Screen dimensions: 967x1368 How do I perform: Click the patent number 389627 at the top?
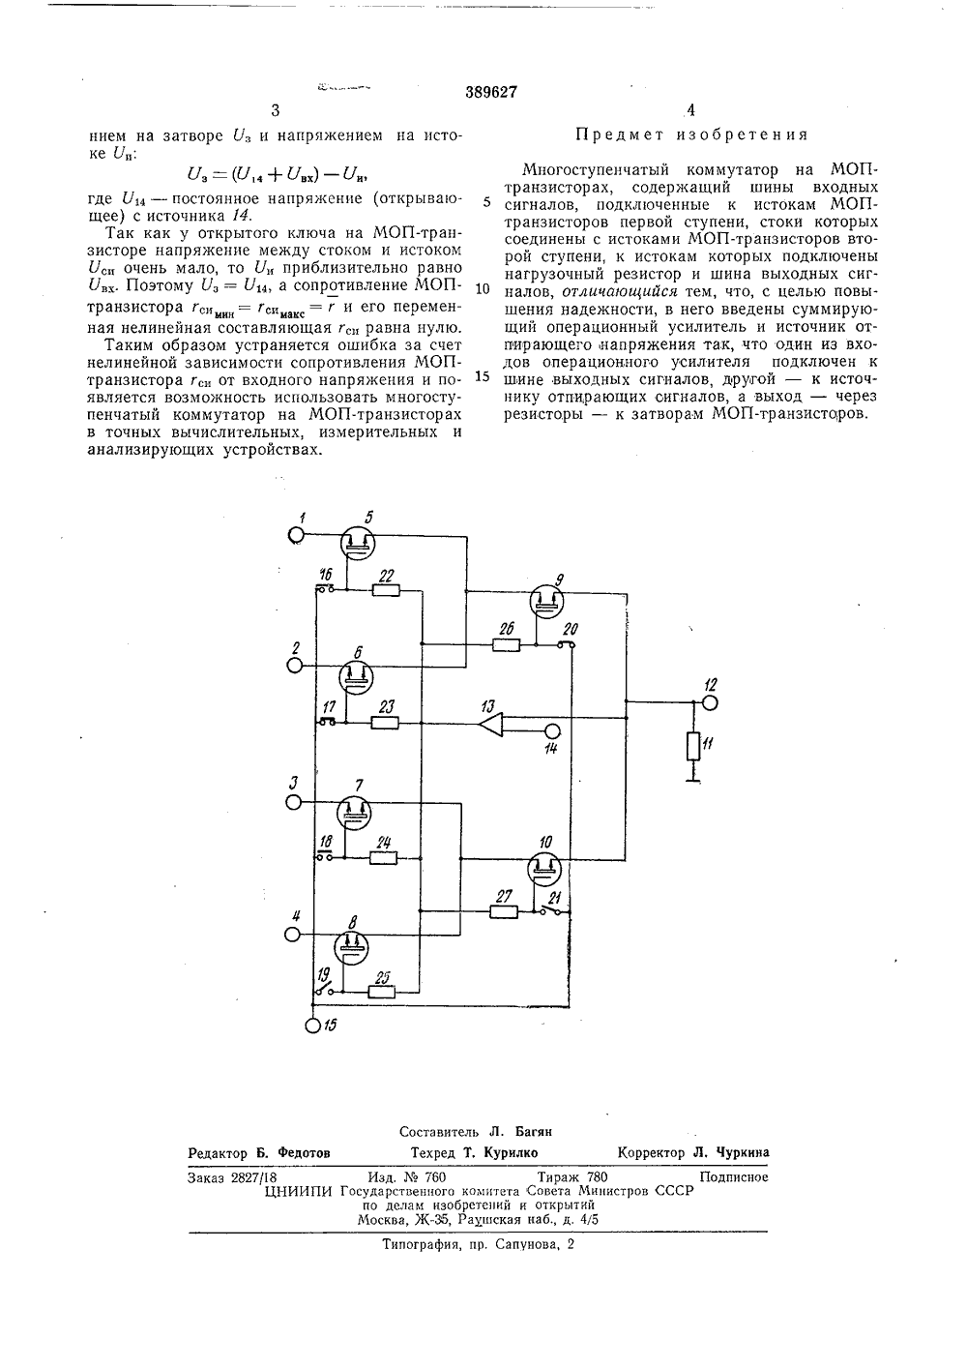click(491, 92)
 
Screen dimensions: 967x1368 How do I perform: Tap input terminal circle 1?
click(296, 535)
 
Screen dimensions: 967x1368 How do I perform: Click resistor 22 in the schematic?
click(386, 590)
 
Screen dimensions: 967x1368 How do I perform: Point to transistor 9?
click(545, 601)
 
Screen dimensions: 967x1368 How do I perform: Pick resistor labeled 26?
click(506, 645)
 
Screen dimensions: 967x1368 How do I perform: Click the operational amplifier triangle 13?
click(491, 724)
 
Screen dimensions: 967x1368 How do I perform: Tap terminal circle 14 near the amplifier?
click(552, 730)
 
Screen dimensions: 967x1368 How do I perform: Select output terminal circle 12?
click(710, 702)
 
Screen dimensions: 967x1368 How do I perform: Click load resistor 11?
click(693, 746)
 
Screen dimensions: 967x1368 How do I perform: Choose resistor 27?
click(504, 912)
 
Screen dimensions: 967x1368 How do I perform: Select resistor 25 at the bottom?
click(381, 992)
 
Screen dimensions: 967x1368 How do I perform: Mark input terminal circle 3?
click(294, 802)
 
